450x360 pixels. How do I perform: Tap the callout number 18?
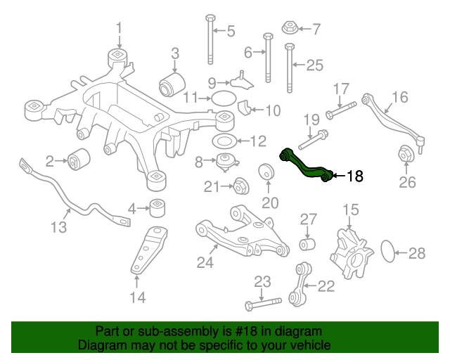(355, 176)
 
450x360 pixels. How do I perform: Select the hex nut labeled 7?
(288, 29)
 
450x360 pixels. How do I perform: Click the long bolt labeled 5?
(210, 39)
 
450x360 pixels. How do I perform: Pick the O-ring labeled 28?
(388, 252)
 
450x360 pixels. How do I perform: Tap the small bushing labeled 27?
(307, 244)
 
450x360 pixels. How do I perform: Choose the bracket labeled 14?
(146, 251)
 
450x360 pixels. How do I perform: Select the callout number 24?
(205, 262)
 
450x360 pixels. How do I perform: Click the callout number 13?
(58, 227)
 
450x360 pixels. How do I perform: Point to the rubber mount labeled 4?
(159, 209)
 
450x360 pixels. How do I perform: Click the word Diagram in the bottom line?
(101, 346)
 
